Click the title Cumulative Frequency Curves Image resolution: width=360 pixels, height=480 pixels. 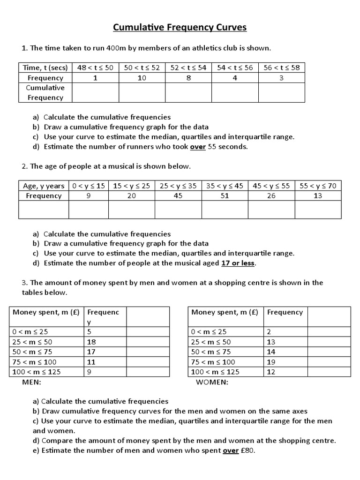[180, 28]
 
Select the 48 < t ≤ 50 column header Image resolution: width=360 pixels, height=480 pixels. [95, 67]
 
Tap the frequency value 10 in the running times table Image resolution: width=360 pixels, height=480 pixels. [142, 78]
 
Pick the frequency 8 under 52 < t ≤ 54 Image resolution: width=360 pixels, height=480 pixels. [188, 78]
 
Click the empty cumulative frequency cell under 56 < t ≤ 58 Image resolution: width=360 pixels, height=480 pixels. [281, 93]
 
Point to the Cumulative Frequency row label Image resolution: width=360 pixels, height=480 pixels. [45, 93]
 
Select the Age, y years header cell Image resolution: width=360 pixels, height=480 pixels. [44, 186]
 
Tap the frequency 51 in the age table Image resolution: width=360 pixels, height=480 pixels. [225, 196]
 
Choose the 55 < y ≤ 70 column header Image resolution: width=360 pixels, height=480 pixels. [318, 186]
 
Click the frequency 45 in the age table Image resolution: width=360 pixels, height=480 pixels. [178, 196]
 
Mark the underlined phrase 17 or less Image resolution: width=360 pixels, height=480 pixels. [238, 263]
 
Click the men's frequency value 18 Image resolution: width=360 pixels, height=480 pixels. [91, 342]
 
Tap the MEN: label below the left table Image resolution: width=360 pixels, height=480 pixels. [32, 382]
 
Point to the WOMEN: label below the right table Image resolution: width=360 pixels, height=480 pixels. [212, 382]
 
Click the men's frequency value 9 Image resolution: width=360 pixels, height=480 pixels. [90, 372]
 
